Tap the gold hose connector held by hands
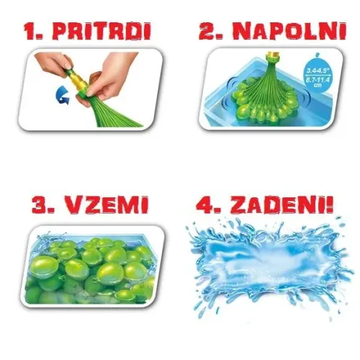[x=77, y=82]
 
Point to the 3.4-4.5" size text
[x=317, y=71]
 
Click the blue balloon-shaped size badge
[x=317, y=73]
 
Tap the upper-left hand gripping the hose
[x=54, y=63]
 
